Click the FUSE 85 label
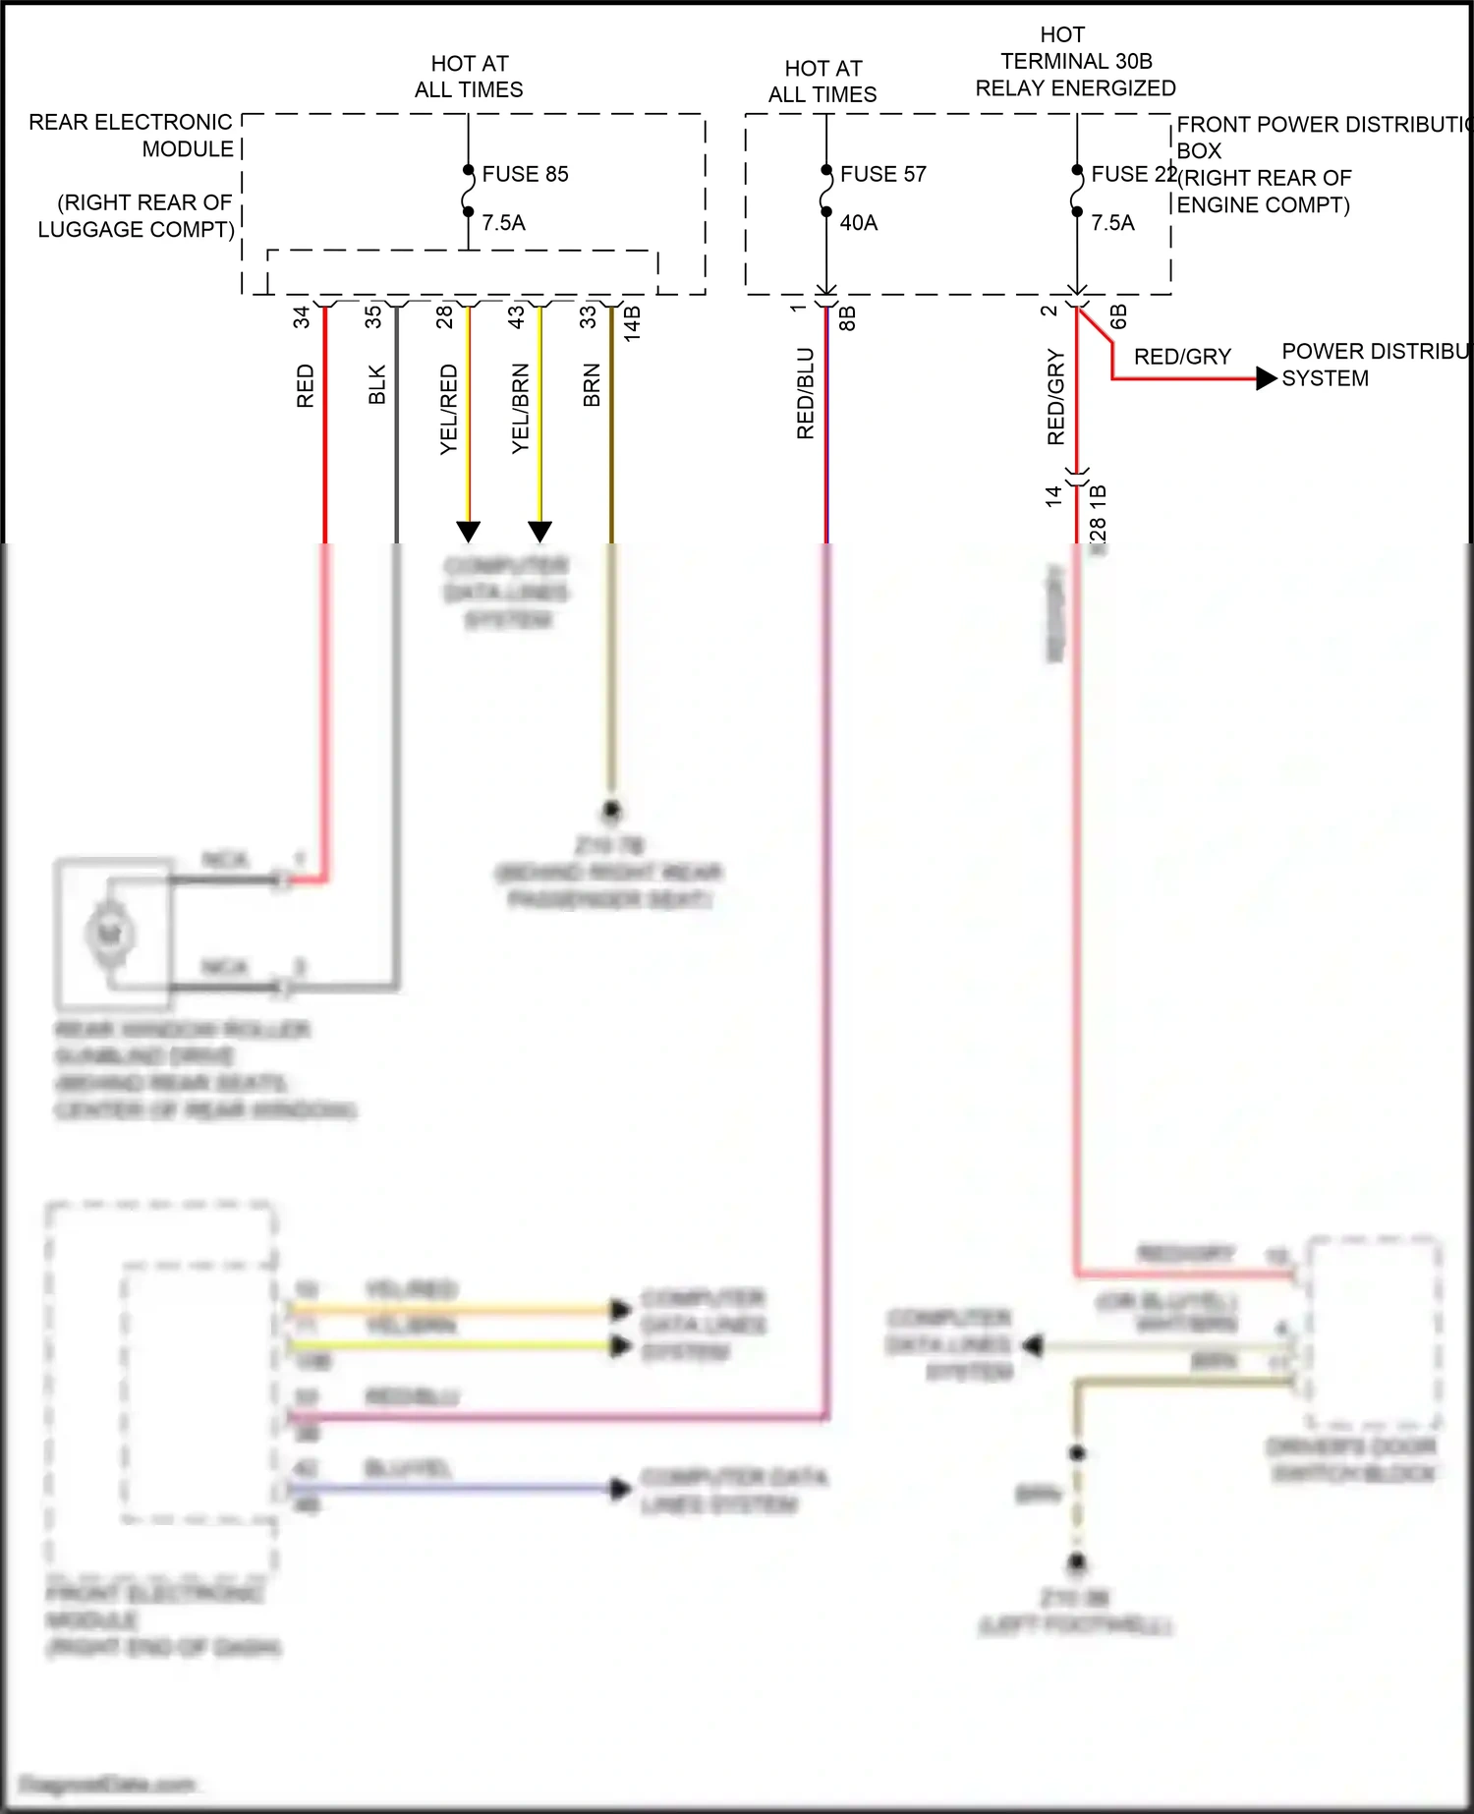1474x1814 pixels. [x=525, y=174]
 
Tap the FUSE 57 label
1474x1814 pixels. [x=882, y=174]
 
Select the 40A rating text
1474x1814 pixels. [x=858, y=223]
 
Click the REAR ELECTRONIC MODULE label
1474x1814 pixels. [x=132, y=136]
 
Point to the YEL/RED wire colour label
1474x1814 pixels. [x=449, y=409]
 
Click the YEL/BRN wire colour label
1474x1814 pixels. [x=521, y=409]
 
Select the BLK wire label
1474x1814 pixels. [x=377, y=384]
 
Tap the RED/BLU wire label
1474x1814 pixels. [x=806, y=393]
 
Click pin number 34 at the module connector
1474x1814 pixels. [x=302, y=316]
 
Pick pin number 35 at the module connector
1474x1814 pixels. [x=373, y=316]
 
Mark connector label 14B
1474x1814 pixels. [x=633, y=323]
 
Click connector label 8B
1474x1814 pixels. [x=847, y=318]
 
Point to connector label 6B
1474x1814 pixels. [x=1118, y=316]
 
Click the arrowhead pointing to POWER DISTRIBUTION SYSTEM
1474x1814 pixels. [x=1267, y=378]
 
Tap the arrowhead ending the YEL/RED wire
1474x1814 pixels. [x=469, y=532]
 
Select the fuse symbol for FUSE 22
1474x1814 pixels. [x=1077, y=191]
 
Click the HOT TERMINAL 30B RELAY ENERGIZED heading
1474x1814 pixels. [x=1075, y=62]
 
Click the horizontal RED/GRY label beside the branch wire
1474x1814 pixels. [x=1182, y=357]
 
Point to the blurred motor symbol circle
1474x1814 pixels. [x=109, y=934]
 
